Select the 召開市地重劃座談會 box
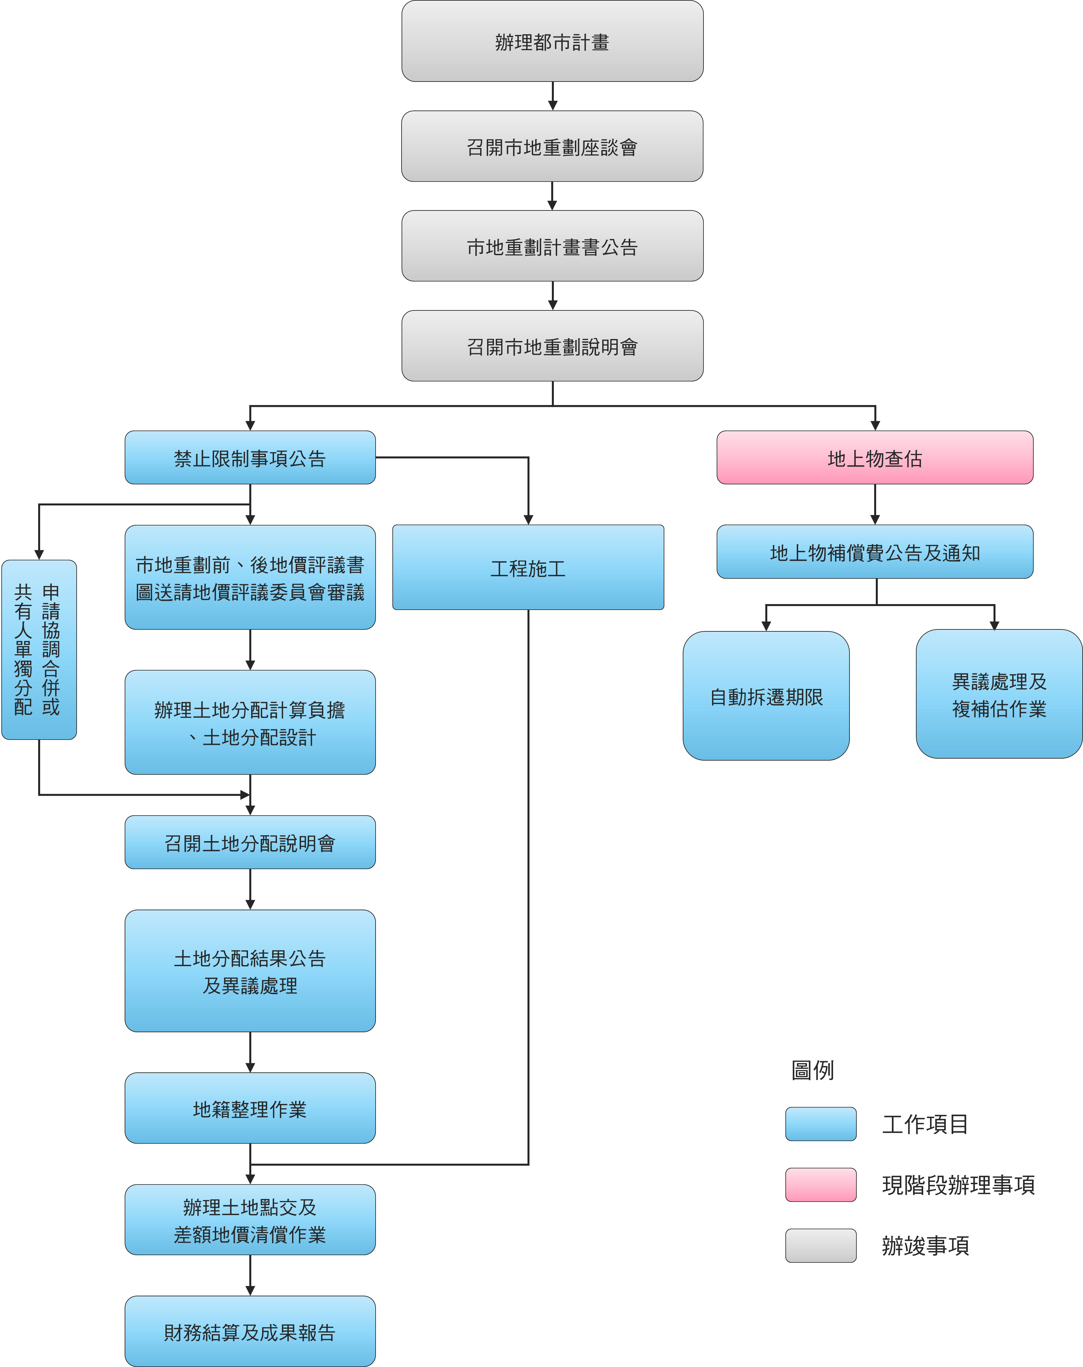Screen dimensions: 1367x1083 click(x=552, y=146)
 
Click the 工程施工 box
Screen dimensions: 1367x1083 click(x=528, y=568)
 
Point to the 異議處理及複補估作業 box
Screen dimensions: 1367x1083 click(x=999, y=694)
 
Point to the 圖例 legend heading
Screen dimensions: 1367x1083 click(x=812, y=1070)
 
